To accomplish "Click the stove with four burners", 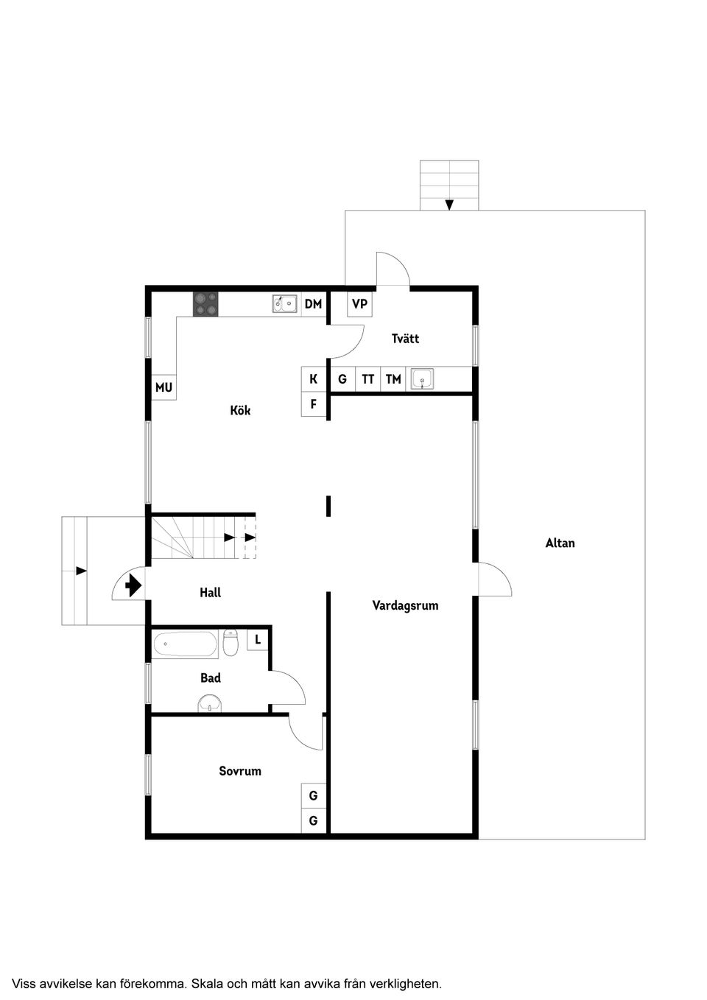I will coord(205,304).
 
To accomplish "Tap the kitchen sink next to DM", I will coord(284,303).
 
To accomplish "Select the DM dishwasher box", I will coord(313,303).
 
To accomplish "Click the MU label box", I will coord(163,387).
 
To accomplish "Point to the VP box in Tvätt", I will coord(359,303).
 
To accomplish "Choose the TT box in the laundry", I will coord(367,379).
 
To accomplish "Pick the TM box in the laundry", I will coord(393,379).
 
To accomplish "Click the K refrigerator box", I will coord(314,379).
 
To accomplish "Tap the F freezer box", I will coord(314,404).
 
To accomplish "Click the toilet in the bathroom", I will coord(231,643).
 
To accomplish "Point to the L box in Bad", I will coord(258,639).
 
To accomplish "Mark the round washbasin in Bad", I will coord(211,704).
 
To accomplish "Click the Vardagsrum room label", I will coord(405,605).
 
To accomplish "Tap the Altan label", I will coord(560,543).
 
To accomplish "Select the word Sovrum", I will coord(240,771).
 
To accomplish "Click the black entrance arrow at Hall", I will coord(133,586).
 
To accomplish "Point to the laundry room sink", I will coord(423,379).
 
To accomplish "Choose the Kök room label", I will coord(240,410).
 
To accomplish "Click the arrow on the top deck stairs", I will coord(449,205).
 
